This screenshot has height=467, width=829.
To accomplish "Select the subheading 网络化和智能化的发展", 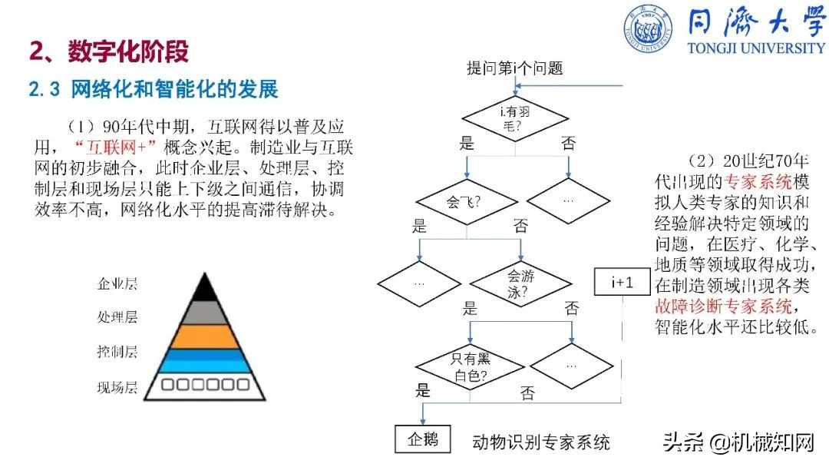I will (x=174, y=90).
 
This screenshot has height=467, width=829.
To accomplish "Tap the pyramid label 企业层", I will (x=117, y=284).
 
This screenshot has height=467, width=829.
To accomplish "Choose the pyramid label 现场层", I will (x=117, y=387).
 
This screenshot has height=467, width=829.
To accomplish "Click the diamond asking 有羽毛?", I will (x=515, y=118).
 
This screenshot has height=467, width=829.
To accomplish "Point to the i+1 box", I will (x=623, y=283).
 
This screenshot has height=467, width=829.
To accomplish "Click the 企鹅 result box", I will (x=423, y=439).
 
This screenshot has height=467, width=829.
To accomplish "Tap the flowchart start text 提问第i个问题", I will (x=515, y=68).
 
